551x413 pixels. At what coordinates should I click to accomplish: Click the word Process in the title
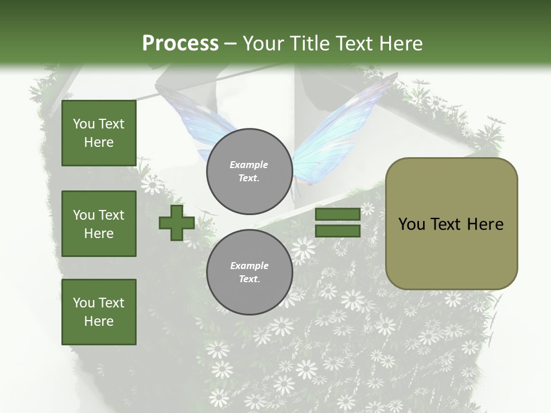point(180,44)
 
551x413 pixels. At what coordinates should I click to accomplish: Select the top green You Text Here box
point(99,133)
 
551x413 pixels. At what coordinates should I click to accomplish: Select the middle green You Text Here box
point(99,224)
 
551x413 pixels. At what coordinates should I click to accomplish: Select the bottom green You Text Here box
point(99,311)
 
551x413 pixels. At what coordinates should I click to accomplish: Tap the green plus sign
point(176,223)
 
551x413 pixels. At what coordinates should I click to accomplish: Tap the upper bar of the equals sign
point(337,215)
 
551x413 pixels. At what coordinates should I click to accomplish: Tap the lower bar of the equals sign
point(337,231)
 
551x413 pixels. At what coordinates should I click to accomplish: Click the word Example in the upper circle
point(249,165)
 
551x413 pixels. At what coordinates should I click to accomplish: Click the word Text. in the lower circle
point(249,279)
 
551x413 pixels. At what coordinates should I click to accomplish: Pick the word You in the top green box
point(84,124)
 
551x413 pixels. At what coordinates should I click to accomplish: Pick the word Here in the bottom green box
point(99,321)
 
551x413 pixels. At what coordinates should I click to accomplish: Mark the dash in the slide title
point(231,44)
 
